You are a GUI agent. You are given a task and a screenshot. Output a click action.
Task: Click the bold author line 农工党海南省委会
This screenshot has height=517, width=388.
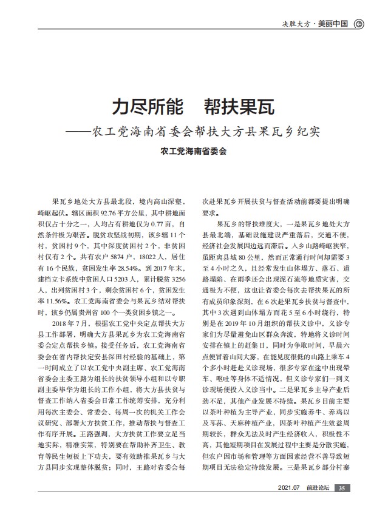(193, 152)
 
